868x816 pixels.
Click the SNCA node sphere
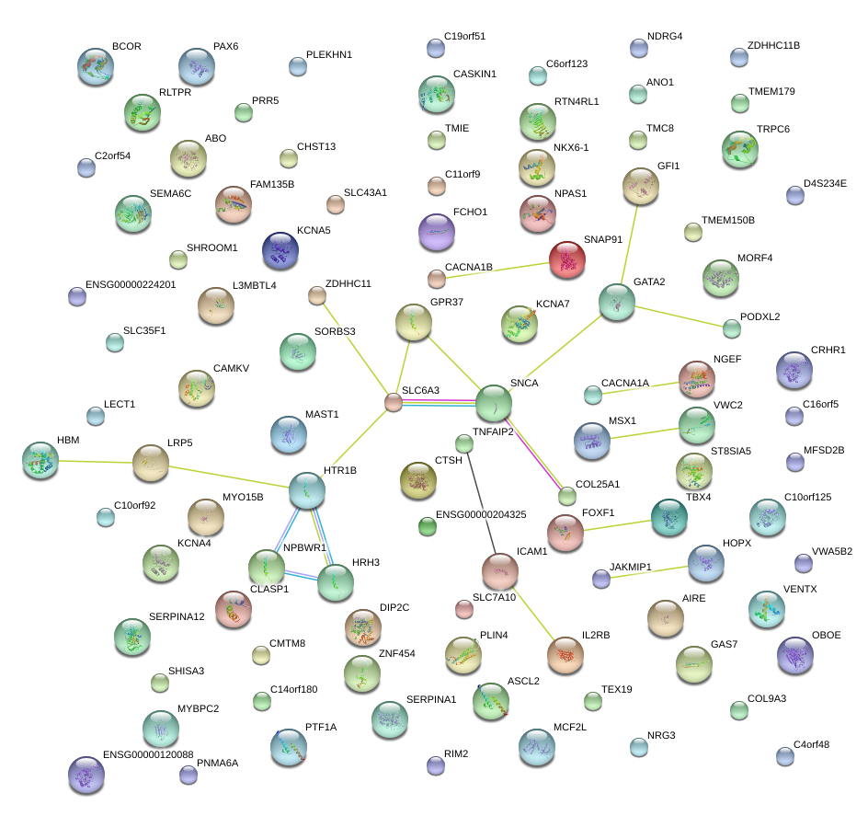click(494, 402)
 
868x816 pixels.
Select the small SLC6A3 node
click(393, 402)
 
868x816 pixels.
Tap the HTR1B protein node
click(306, 490)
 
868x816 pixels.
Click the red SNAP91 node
click(566, 259)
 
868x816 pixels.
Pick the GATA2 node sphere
click(616, 302)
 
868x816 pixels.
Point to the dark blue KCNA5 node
click(280, 249)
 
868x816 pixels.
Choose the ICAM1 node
click(499, 570)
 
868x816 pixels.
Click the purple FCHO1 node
click(436, 231)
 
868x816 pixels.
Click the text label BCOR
click(126, 46)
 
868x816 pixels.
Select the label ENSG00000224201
click(130, 284)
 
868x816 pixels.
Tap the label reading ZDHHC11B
click(773, 45)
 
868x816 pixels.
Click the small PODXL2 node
click(731, 328)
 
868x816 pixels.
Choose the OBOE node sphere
click(794, 654)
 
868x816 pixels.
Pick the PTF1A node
click(294, 747)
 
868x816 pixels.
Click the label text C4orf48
click(810, 744)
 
